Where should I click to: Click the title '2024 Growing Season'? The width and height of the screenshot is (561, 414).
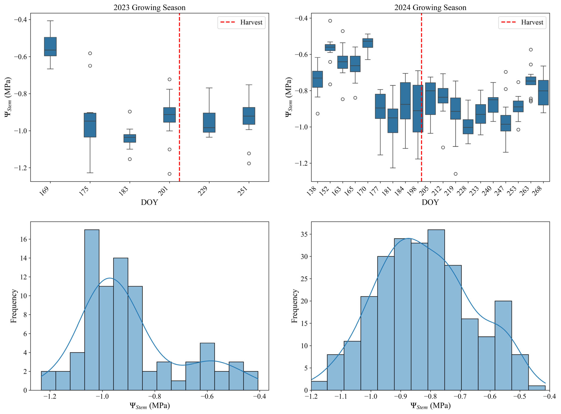[430, 8]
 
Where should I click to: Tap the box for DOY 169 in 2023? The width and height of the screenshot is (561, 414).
[50, 47]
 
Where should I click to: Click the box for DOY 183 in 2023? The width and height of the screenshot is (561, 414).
[130, 138]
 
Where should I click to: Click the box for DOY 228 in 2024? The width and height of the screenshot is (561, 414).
[468, 127]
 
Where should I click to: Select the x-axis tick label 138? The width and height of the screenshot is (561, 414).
[312, 191]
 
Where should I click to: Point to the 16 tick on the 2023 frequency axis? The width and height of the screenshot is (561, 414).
[24, 239]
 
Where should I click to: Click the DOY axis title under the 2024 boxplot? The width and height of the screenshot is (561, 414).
[430, 202]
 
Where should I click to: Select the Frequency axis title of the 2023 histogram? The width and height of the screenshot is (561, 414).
[14, 306]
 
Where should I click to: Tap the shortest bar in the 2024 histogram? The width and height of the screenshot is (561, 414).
[537, 388]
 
